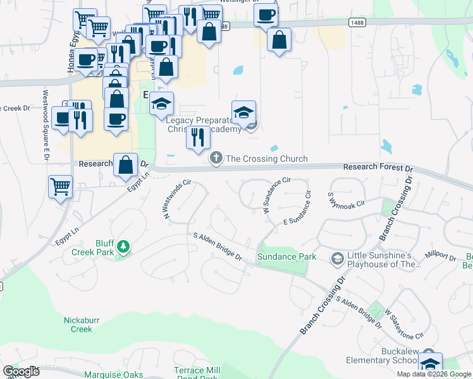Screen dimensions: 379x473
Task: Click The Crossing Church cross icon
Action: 216,157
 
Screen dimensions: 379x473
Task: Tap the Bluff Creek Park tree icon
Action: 124,246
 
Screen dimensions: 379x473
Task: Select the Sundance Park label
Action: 286,257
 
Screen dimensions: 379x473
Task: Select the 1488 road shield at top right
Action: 356,22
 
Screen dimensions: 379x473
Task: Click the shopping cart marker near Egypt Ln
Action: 60,187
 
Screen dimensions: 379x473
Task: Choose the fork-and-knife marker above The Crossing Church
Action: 198,137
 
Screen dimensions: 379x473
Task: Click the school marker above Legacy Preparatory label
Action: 243,112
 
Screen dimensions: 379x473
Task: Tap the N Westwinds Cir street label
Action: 176,199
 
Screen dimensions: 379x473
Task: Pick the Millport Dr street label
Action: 441,256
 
